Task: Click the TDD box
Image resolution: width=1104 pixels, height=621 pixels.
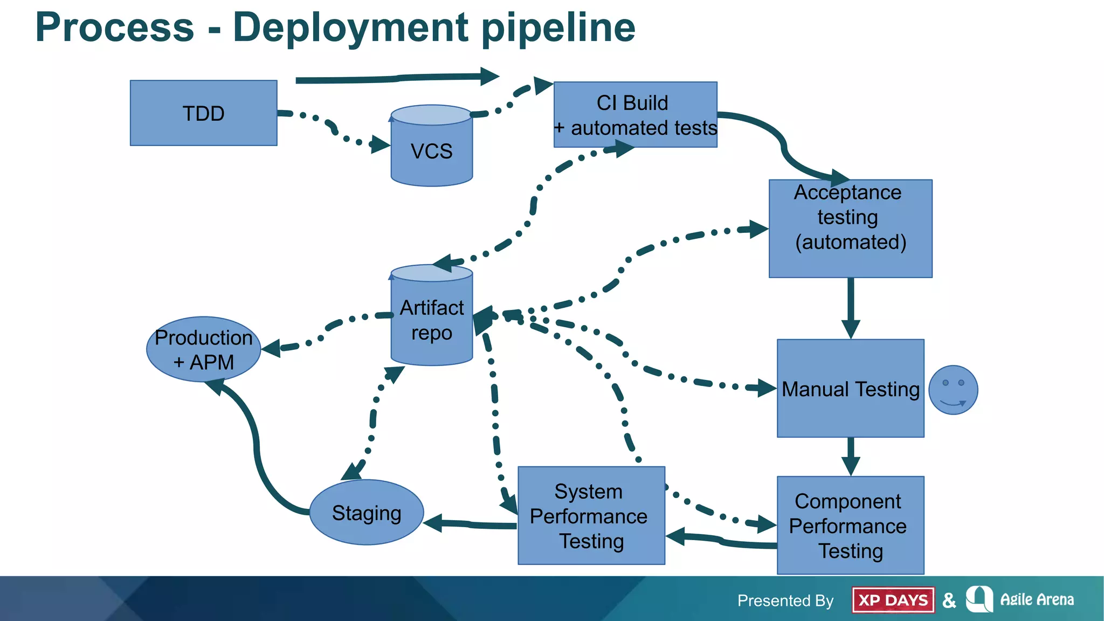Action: tap(203, 113)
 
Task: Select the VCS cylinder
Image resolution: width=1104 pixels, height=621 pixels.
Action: tap(431, 151)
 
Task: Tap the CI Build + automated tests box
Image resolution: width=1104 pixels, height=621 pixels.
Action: tap(635, 115)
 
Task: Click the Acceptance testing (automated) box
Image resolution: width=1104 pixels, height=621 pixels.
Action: tap(850, 229)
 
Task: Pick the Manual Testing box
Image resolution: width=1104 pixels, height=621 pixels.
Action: tap(850, 389)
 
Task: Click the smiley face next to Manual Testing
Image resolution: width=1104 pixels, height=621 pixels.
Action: tap(953, 390)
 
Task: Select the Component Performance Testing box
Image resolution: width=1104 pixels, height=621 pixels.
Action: tap(850, 526)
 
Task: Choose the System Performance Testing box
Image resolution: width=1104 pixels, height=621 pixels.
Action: tap(591, 516)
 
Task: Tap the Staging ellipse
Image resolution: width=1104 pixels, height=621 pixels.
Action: tap(367, 513)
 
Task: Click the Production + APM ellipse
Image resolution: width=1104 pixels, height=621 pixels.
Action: tap(203, 349)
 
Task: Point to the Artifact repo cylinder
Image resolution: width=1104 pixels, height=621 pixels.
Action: tap(431, 321)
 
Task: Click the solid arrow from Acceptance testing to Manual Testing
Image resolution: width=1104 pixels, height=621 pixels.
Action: tap(851, 307)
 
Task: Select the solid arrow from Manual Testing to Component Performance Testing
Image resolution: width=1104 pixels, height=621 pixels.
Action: tap(851, 456)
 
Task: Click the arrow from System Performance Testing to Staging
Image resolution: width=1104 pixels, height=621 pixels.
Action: tap(469, 523)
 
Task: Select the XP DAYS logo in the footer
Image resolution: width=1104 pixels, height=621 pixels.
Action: tap(893, 600)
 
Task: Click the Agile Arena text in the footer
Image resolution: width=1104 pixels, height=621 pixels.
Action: tap(1037, 599)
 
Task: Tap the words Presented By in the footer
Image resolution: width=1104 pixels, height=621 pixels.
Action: tap(785, 601)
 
